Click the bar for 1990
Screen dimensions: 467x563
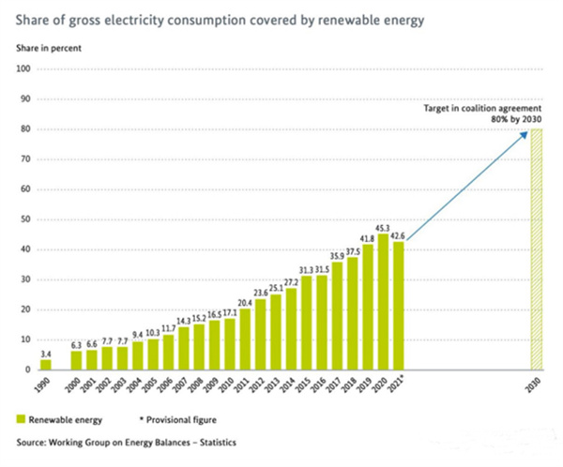click(x=46, y=364)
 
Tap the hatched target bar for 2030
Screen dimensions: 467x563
click(x=537, y=249)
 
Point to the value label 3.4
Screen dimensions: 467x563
click(x=46, y=353)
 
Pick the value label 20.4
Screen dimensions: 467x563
click(x=245, y=302)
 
